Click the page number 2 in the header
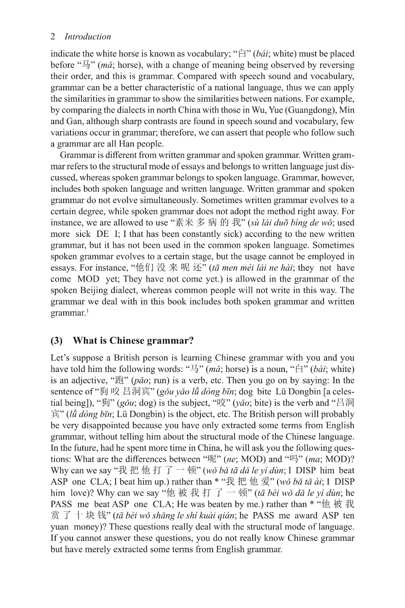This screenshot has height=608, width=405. tap(53, 37)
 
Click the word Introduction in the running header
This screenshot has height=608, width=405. tap(88, 37)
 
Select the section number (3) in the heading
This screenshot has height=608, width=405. tap(57, 340)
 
